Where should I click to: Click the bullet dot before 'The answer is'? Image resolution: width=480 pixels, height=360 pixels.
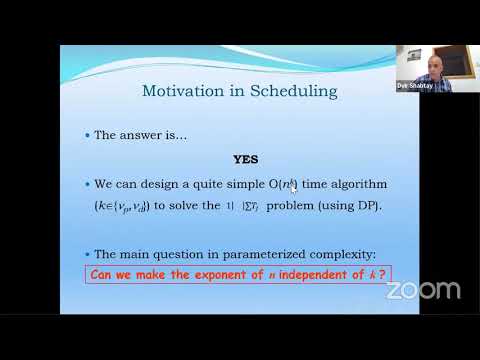pos(87,135)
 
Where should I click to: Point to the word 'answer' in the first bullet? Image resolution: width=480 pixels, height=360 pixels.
pos(137,135)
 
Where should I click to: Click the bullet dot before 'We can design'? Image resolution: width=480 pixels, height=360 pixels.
pos(87,185)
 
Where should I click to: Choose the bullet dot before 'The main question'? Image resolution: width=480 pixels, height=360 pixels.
pos(87,253)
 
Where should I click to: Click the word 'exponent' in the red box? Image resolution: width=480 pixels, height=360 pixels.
pos(225,274)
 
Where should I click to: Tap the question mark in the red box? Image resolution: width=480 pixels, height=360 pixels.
pos(383,274)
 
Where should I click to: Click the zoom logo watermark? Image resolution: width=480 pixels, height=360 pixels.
pos(423,291)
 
